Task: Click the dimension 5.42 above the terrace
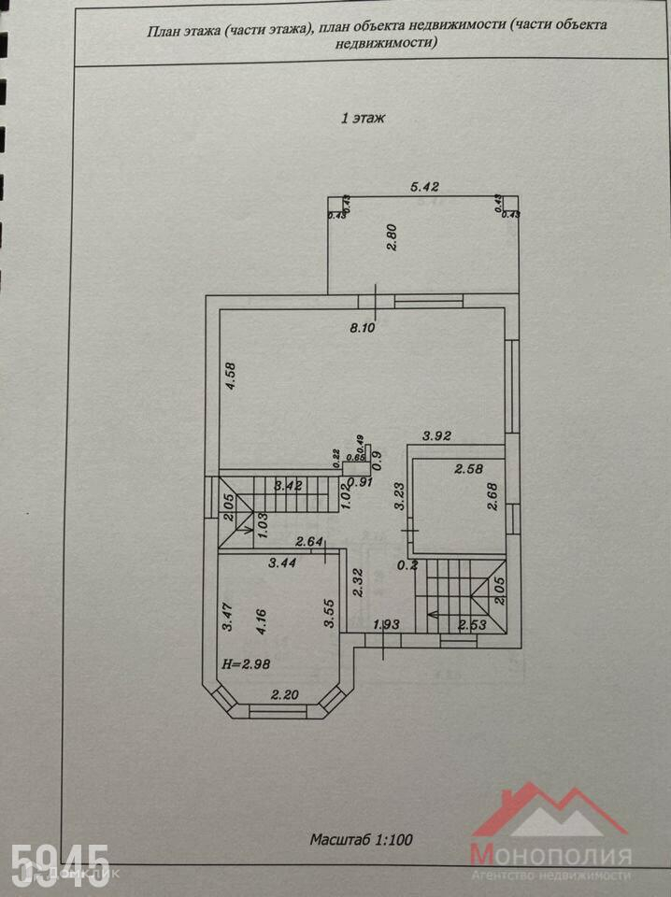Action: (425, 187)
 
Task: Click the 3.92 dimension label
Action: (436, 435)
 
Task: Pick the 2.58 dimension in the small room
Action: (470, 469)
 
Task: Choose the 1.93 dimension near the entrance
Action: (386, 624)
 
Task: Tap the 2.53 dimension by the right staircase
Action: (472, 624)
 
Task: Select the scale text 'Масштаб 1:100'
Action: (361, 840)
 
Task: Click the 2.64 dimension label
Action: (309, 540)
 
